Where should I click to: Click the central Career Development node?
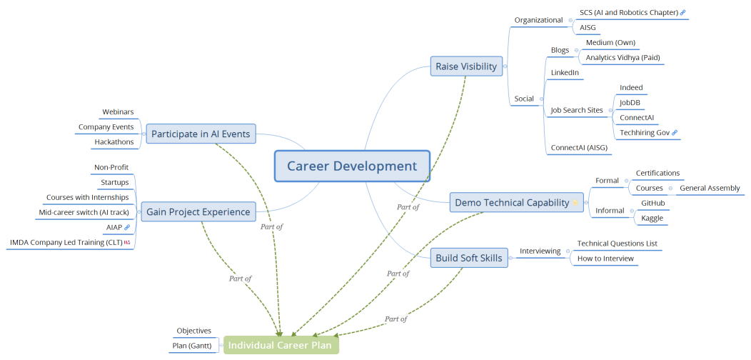click(x=352, y=166)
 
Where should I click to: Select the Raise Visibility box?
click(x=465, y=66)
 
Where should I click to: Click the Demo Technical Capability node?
click(x=512, y=203)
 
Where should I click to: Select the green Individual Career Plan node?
click(x=281, y=345)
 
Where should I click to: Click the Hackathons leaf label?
click(x=114, y=142)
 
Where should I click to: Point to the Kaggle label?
click(x=652, y=218)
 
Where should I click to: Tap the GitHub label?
click(x=653, y=203)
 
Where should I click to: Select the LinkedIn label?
click(x=565, y=73)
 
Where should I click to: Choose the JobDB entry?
click(x=630, y=102)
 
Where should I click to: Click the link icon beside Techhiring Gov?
click(x=675, y=133)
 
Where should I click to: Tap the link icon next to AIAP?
click(x=127, y=227)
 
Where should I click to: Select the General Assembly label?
click(x=710, y=188)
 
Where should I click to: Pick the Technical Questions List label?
click(x=617, y=244)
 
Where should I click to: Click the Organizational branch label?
click(x=539, y=20)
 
